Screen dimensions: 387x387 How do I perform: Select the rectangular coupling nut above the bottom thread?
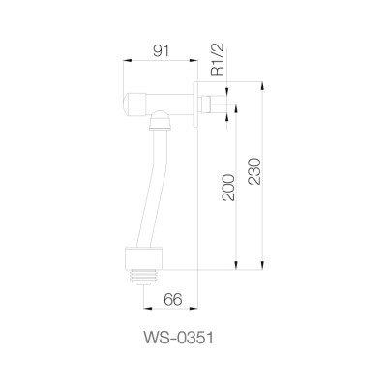coord(145,256)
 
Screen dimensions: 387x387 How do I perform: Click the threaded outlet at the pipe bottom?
coord(145,275)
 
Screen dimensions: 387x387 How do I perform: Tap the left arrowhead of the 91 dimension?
coord(124,60)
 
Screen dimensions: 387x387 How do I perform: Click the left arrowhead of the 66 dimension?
coord(146,312)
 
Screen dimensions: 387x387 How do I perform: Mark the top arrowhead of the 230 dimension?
coord(262,85)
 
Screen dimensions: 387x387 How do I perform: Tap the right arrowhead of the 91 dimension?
coord(195,60)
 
